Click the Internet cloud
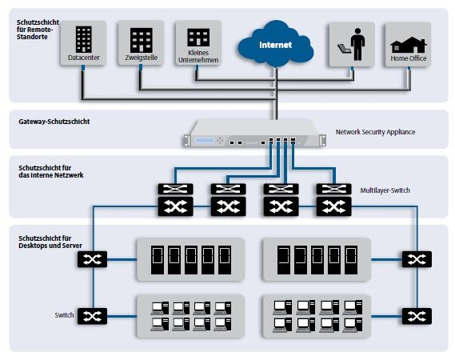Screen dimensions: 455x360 [275, 44]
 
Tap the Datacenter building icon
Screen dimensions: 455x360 [84, 39]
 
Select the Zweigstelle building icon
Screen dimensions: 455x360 [142, 40]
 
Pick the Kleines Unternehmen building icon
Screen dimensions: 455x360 [198, 38]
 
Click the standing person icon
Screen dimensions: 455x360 [357, 44]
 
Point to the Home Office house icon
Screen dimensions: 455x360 [409, 45]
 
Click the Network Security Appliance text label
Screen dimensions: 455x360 [375, 132]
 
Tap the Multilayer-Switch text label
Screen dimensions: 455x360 [385, 190]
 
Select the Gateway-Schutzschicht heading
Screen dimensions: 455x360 [54, 122]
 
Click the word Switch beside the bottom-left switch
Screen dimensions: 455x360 [64, 315]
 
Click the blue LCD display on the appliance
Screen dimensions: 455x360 [204, 140]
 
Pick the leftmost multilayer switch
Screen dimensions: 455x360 [176, 200]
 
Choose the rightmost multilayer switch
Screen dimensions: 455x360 [333, 200]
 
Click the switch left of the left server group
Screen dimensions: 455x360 [92, 259]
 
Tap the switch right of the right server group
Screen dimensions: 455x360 [417, 259]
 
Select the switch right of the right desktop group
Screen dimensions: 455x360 [417, 316]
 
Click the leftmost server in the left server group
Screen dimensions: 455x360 [158, 260]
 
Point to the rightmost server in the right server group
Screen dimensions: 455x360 [351, 260]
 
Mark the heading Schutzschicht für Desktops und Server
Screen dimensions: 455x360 [50, 242]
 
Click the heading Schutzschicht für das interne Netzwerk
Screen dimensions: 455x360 [51, 171]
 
